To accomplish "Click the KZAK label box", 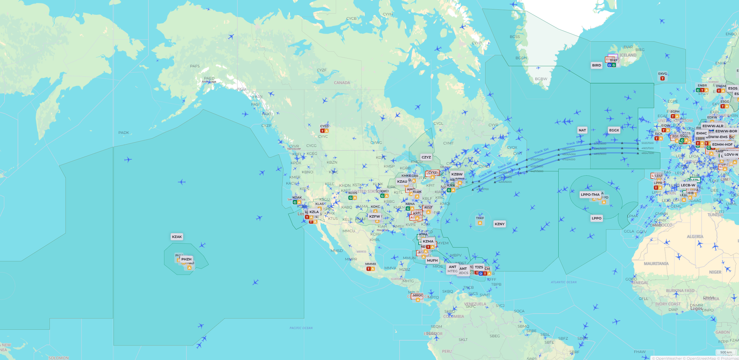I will click(x=177, y=237).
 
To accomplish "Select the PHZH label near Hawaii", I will click(x=186, y=259).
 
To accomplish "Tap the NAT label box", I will click(x=582, y=130).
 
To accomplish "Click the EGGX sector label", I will click(x=614, y=130).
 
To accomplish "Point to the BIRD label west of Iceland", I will click(x=596, y=65).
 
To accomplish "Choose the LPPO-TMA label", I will click(x=590, y=195).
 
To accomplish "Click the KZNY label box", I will click(x=499, y=224).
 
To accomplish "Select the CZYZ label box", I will click(x=426, y=157).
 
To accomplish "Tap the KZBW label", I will click(x=457, y=174).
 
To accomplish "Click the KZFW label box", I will click(x=374, y=216).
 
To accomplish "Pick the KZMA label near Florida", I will click(x=428, y=241).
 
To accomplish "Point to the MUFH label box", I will click(x=432, y=260).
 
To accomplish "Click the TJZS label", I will click(x=479, y=267).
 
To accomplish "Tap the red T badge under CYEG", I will click(x=322, y=131).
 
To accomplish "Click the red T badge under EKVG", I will click(x=662, y=78).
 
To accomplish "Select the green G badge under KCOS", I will click(x=350, y=198).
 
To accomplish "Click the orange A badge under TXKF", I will click(x=480, y=223).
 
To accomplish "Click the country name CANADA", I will click(x=342, y=83).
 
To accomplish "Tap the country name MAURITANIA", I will click(x=656, y=263).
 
